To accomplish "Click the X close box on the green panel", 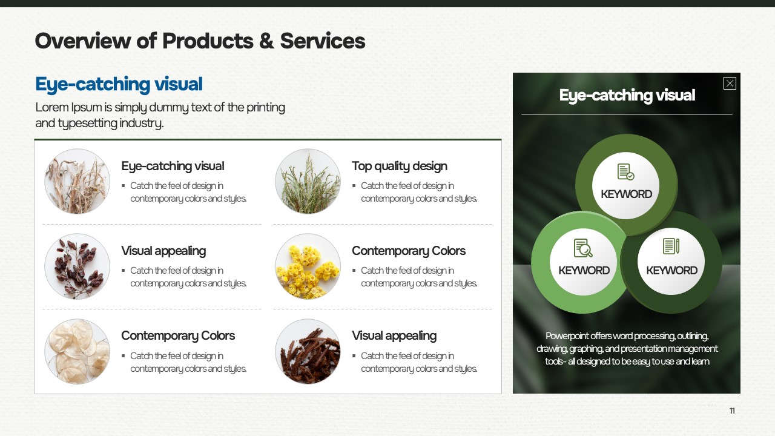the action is coord(730,84).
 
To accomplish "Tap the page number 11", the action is coord(732,411).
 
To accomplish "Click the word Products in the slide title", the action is coord(208,41).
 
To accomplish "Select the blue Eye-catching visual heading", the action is coord(119,84).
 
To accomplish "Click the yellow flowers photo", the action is coord(308,266).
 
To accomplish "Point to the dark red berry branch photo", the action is coord(77,266).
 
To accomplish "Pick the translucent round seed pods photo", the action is coord(77,351).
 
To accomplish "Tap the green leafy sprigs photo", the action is coord(308,181).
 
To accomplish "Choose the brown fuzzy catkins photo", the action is coord(308,351).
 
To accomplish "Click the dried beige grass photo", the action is coord(77,181).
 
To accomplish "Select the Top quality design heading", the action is coord(400,167).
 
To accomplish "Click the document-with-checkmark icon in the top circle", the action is coord(625,171).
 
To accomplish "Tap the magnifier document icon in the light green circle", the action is coord(583,248).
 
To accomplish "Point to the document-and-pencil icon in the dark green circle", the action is coord(671,246).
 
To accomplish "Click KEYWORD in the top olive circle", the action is coord(626,194).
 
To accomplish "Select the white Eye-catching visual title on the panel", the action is coord(627,95).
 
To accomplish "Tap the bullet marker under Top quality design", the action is coord(354,186).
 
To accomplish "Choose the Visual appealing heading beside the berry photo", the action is coord(163,251).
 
